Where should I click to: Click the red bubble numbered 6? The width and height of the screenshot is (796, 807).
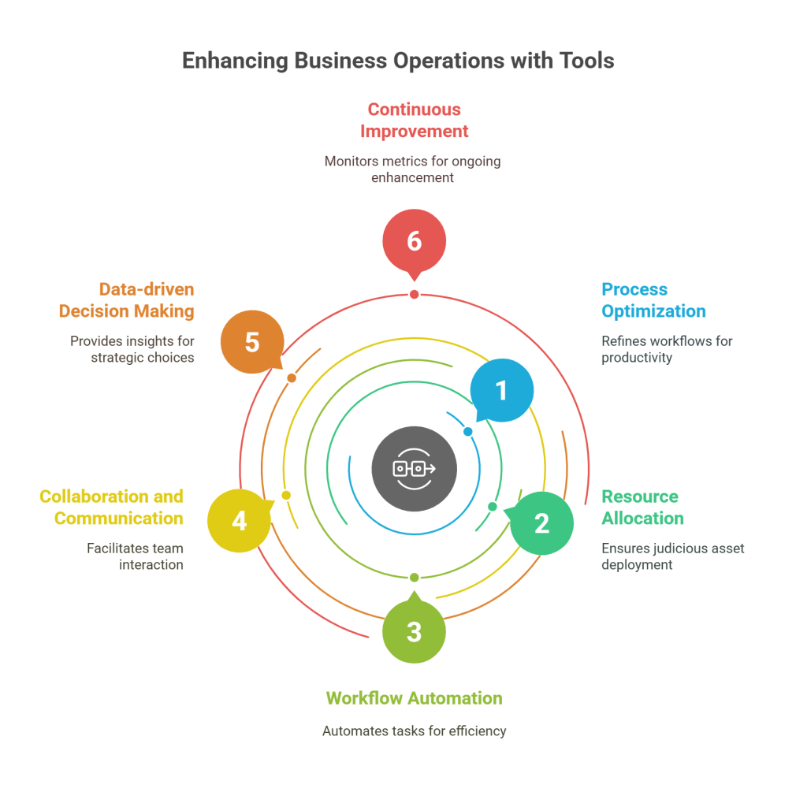[x=414, y=240]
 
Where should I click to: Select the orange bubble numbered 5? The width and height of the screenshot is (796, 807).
[x=252, y=342]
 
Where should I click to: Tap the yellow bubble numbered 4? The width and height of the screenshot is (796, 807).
[x=239, y=521]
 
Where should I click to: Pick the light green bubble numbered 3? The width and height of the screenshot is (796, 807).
[x=414, y=631]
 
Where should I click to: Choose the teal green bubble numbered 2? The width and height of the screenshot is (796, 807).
[x=541, y=523]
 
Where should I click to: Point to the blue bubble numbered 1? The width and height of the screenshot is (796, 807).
[x=501, y=390]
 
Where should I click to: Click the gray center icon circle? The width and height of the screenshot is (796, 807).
[x=414, y=469]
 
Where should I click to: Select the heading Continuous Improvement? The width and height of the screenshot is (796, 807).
[x=414, y=120]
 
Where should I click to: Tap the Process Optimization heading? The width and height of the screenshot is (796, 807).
[x=653, y=300]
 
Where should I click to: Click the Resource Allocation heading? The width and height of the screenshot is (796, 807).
[x=642, y=507]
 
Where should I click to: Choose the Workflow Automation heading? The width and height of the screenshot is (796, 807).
[x=414, y=698]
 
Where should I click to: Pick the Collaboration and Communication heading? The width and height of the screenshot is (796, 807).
[x=112, y=507]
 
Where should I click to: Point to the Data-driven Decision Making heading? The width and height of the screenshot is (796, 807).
[x=127, y=300]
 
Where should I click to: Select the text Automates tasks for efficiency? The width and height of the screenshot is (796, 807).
[x=414, y=731]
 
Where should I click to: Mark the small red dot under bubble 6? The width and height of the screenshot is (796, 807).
[x=414, y=295]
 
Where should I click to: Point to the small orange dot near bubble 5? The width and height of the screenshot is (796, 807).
[x=292, y=378]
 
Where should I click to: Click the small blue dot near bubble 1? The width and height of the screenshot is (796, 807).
[x=468, y=432]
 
